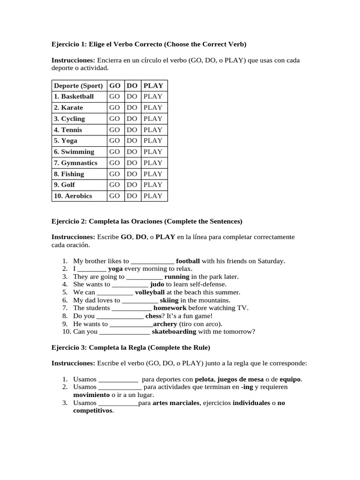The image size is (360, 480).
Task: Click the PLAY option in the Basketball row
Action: click(x=153, y=97)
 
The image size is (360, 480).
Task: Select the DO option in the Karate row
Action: click(x=132, y=107)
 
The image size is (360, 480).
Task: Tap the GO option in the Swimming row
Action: click(x=114, y=152)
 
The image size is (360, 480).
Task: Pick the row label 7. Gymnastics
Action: click(x=75, y=163)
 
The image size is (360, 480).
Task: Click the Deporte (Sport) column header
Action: click(x=78, y=85)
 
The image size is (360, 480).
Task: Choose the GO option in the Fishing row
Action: click(x=114, y=174)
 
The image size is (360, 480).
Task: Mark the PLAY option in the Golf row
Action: click(x=153, y=185)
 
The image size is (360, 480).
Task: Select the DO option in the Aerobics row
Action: click(x=132, y=196)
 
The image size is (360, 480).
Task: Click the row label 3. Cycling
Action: click(x=69, y=119)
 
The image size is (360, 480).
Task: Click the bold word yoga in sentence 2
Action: click(x=115, y=269)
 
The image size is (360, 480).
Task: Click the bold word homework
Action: click(x=170, y=308)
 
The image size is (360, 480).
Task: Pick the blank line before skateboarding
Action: click(x=125, y=332)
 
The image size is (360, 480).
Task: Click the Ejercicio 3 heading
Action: click(x=131, y=348)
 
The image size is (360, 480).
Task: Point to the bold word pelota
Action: click(x=204, y=379)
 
